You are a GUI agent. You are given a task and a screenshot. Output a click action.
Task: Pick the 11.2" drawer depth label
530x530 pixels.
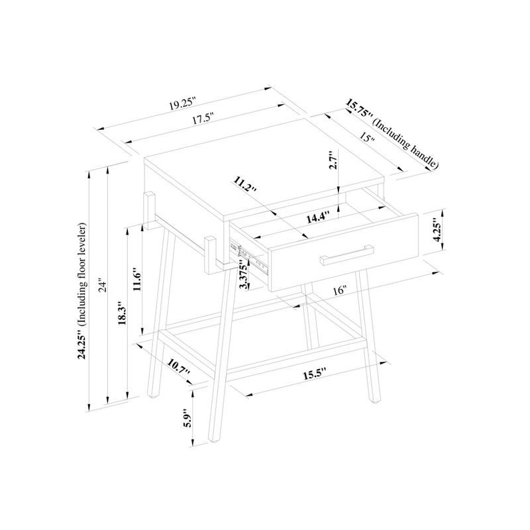click(x=245, y=185)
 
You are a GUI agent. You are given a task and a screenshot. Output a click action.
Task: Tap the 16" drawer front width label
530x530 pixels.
click(x=341, y=290)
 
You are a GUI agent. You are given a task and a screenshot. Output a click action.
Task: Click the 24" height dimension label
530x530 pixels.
click(x=102, y=285)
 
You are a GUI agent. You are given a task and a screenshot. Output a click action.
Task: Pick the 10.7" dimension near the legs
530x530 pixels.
click(x=178, y=368)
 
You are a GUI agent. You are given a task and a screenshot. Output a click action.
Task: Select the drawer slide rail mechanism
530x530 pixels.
click(x=251, y=256)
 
